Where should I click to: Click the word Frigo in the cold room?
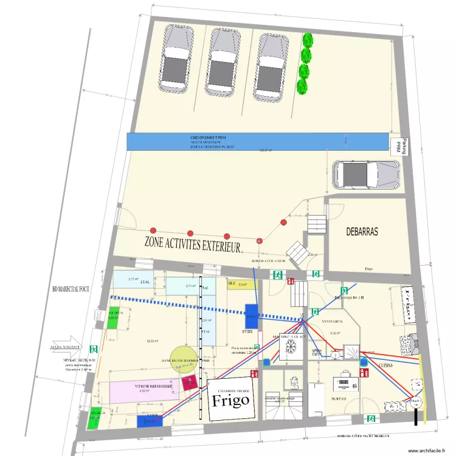(230, 400)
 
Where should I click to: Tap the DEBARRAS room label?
(362, 232)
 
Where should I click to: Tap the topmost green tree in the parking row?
(308, 40)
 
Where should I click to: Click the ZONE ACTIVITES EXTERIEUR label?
(192, 242)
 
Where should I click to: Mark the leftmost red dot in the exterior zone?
(153, 230)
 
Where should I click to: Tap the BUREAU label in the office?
(338, 399)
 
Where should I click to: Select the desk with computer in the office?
(344, 384)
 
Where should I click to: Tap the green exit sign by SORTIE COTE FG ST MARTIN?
(370, 419)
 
